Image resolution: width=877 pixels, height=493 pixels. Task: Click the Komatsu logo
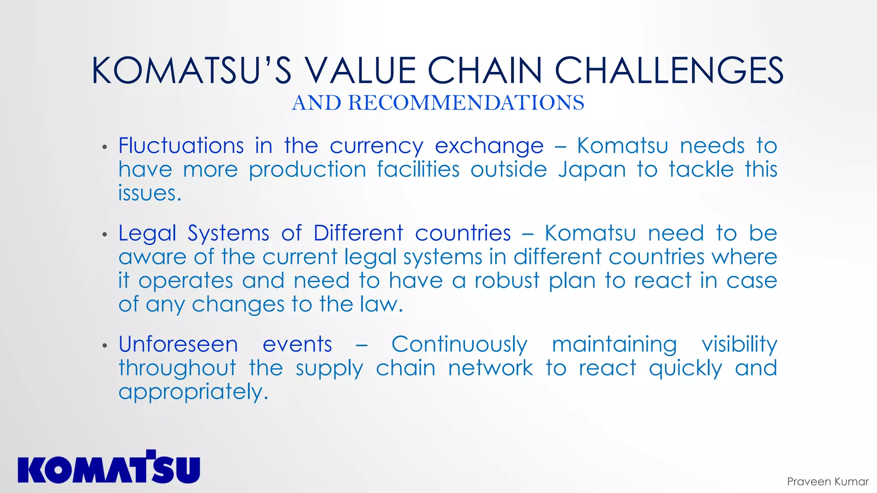click(109, 467)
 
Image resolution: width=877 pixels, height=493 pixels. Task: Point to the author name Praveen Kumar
click(827, 481)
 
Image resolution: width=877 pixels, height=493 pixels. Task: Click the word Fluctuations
click(181, 146)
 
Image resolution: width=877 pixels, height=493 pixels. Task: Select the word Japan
click(592, 170)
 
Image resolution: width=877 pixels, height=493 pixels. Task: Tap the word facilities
click(418, 169)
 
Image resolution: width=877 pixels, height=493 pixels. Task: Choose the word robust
click(507, 281)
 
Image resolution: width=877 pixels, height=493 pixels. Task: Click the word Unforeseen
click(178, 345)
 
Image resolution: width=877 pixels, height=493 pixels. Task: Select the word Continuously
click(459, 345)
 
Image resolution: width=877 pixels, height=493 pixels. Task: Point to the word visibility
click(739, 345)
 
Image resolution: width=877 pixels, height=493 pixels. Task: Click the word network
click(490, 368)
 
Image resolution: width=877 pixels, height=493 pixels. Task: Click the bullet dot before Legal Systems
click(104, 235)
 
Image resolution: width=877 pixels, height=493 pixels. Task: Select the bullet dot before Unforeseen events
click(104, 345)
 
